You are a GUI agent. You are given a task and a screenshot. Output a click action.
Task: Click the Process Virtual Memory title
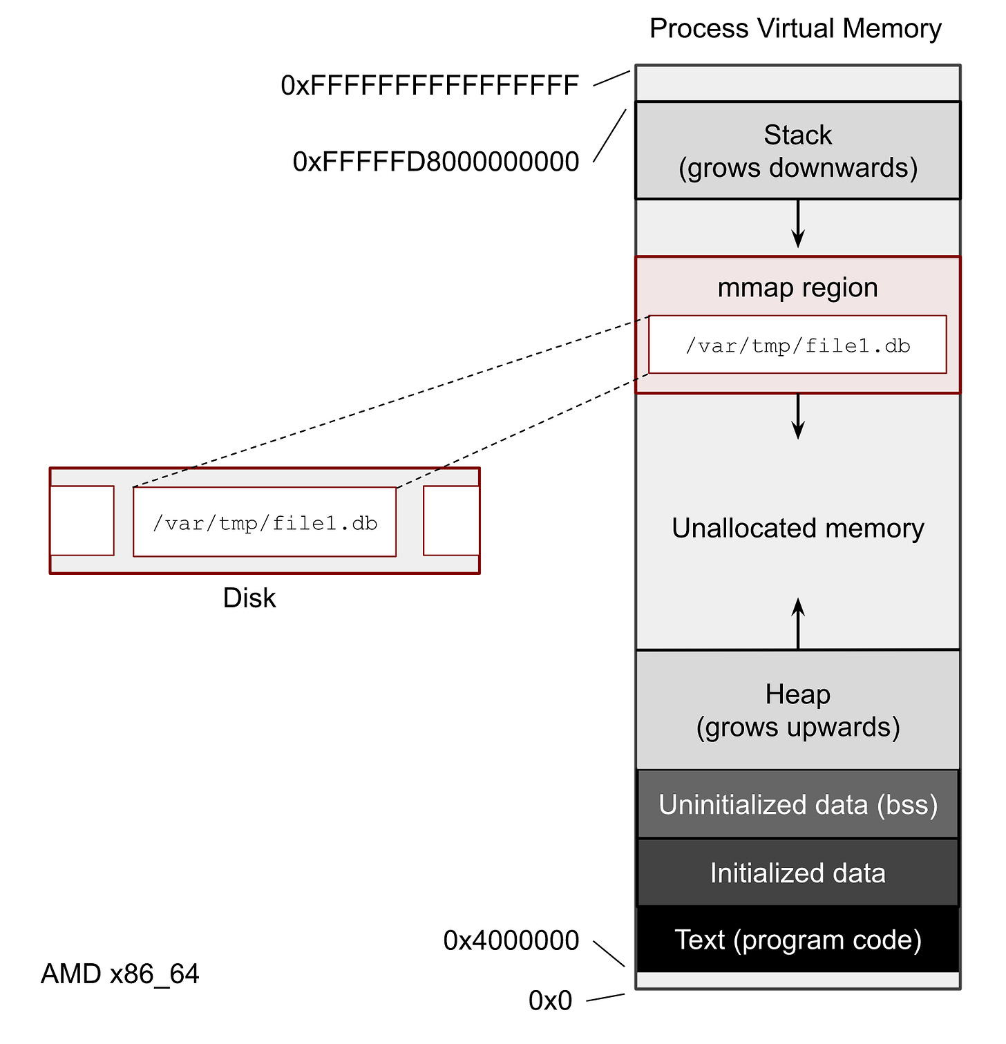[795, 29]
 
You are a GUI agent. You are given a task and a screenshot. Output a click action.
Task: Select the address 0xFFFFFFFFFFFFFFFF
[429, 86]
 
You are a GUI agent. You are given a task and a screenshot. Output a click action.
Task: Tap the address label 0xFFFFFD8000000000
[435, 162]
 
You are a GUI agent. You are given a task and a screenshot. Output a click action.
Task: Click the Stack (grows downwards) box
[797, 151]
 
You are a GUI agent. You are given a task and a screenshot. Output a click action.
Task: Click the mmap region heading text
[797, 287]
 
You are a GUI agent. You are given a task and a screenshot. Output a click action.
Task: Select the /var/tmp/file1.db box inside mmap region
[797, 345]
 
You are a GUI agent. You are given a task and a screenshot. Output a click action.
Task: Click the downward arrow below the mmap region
[798, 417]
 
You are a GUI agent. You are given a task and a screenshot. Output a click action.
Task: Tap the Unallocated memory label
[797, 529]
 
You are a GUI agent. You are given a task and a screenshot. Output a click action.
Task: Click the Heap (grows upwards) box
[797, 710]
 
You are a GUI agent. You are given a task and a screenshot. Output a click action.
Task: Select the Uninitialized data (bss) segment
[797, 805]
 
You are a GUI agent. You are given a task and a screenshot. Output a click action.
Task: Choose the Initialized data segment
[797, 873]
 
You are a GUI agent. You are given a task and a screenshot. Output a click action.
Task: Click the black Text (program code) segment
[797, 940]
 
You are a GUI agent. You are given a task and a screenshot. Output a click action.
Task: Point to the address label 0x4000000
[511, 941]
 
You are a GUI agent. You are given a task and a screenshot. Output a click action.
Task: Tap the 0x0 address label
[550, 1000]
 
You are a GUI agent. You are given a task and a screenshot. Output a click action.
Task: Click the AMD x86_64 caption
[120, 974]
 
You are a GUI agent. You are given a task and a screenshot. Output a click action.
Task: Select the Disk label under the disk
[249, 598]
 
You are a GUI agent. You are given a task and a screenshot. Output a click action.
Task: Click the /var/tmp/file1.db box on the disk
[265, 522]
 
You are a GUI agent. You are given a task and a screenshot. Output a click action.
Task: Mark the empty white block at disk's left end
[82, 521]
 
